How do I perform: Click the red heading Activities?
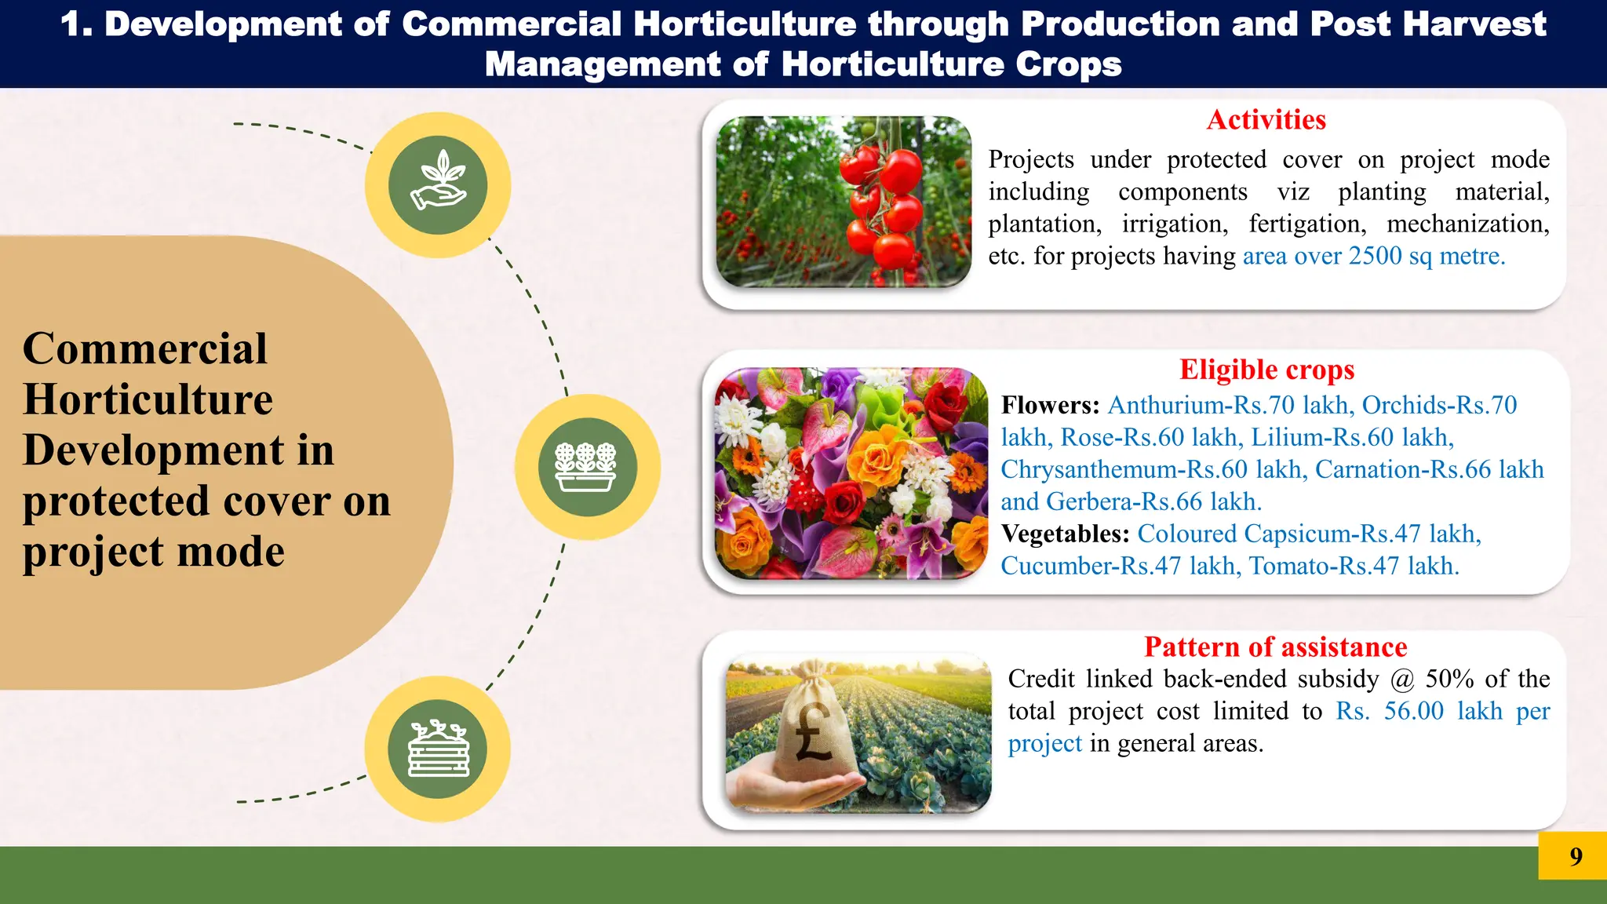point(1266,120)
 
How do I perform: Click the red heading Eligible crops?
point(1266,370)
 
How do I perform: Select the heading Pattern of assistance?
point(1275,647)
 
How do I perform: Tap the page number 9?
point(1576,856)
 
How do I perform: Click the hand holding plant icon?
point(438,184)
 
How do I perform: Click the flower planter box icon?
point(587,467)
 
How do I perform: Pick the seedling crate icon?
point(438,749)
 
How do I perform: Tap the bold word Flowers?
point(1050,405)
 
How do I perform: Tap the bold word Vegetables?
point(1065,534)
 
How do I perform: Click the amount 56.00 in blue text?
point(1413,711)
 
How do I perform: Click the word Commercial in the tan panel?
point(145,348)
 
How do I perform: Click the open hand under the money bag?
point(793,789)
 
